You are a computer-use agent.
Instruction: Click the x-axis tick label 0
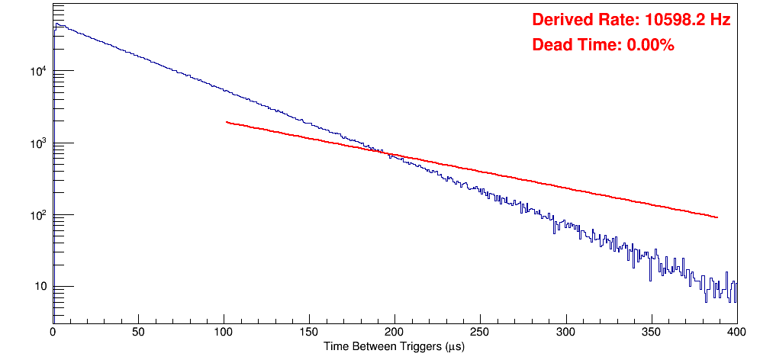(x=53, y=332)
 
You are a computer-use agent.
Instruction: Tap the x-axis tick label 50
(x=138, y=332)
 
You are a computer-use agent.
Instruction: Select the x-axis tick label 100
(x=224, y=332)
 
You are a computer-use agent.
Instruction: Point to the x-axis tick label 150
(x=309, y=332)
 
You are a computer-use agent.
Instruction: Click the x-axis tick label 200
(x=394, y=332)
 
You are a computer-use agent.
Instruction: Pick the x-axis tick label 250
(x=480, y=332)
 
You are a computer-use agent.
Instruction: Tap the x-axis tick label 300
(x=565, y=332)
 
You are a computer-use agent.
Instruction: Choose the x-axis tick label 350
(x=651, y=332)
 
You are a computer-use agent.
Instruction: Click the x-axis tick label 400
(x=736, y=332)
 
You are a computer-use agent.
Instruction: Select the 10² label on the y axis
(x=38, y=215)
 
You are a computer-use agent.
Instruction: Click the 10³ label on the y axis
(x=38, y=143)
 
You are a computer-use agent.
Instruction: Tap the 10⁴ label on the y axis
(x=38, y=72)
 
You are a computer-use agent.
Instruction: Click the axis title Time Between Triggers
(x=394, y=346)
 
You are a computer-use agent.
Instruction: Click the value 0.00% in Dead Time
(x=650, y=45)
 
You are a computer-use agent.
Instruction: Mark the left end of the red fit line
(x=227, y=122)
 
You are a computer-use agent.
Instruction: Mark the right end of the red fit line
(x=717, y=217)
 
